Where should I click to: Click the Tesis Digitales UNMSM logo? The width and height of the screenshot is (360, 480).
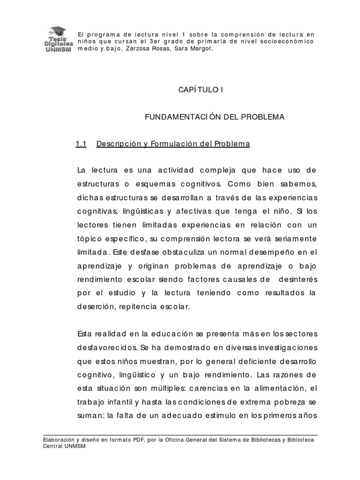click(x=57, y=40)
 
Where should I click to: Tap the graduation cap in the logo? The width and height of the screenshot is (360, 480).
click(x=59, y=30)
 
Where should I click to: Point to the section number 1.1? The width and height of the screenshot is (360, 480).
click(x=81, y=144)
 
